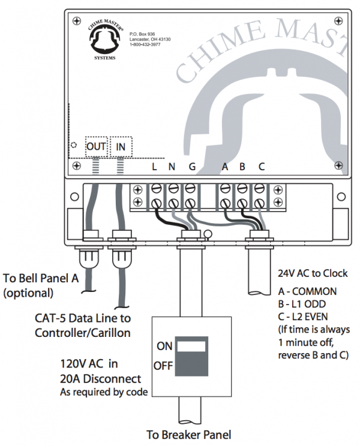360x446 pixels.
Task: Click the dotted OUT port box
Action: coord(96,146)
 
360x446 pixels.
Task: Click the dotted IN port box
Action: coord(121,146)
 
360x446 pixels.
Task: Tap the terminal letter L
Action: coord(155,167)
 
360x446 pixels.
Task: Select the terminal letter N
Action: coord(172,167)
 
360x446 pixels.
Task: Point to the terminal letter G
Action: coord(191,167)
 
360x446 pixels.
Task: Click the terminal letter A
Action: coord(225,167)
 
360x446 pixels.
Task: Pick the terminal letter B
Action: coord(242,167)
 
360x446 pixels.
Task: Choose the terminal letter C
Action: coord(261,167)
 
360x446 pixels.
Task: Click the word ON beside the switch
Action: coord(164,346)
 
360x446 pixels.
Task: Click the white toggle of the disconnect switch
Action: coord(191,346)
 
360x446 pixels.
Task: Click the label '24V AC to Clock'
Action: coord(312,273)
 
